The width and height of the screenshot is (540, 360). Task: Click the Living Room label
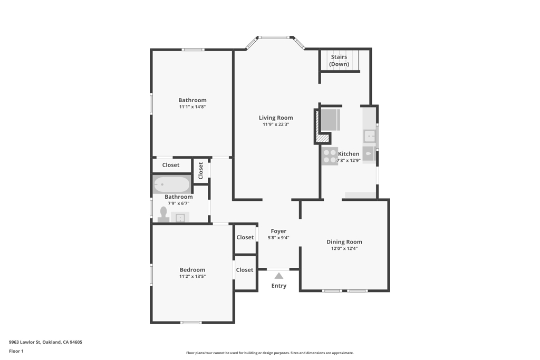point(276,118)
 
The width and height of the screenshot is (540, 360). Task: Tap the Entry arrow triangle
point(279,276)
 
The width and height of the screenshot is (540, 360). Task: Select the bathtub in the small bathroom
point(171,185)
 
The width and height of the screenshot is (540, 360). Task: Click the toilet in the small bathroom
point(163,215)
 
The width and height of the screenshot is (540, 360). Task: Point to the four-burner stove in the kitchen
point(330,156)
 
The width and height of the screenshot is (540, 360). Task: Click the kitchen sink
point(370,137)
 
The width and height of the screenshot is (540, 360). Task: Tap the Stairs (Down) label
point(339,61)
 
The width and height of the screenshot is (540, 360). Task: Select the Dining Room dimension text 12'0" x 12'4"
point(344,248)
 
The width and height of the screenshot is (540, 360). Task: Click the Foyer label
point(278,231)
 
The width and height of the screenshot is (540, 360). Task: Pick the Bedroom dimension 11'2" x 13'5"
point(192,276)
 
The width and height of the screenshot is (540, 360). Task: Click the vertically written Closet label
point(201,171)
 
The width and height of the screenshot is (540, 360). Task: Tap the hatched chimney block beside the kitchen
point(323,139)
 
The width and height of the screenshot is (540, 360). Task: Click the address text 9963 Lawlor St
point(25,342)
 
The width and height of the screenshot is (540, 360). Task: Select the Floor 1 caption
point(16,351)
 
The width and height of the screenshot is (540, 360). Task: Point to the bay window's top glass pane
point(274,37)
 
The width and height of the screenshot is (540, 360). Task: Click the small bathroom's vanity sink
point(180,218)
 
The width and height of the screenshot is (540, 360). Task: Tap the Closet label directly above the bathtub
point(171,165)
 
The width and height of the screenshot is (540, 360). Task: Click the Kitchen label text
point(349,154)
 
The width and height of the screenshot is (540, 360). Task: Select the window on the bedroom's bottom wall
point(191,323)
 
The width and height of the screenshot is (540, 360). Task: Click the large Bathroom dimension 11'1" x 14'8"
point(192,106)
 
